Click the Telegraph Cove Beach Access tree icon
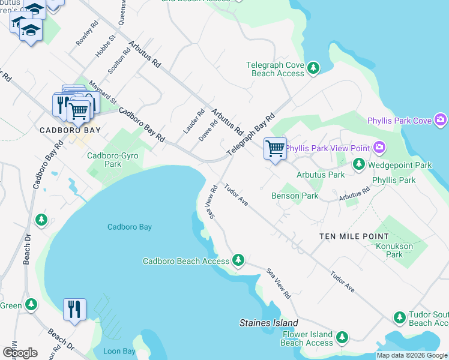click(x=313, y=68)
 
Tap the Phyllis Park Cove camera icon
click(x=441, y=121)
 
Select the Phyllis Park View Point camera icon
click(x=379, y=147)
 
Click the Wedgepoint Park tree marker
click(x=358, y=164)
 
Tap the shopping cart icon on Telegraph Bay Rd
click(x=275, y=149)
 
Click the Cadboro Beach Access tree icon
click(x=238, y=260)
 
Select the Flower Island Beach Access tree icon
click(x=342, y=338)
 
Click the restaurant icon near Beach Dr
click(x=74, y=310)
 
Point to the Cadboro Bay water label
click(x=130, y=227)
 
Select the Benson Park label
click(x=294, y=196)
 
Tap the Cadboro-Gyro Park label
click(x=113, y=160)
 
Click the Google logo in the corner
click(x=20, y=353)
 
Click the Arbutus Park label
click(x=321, y=175)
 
